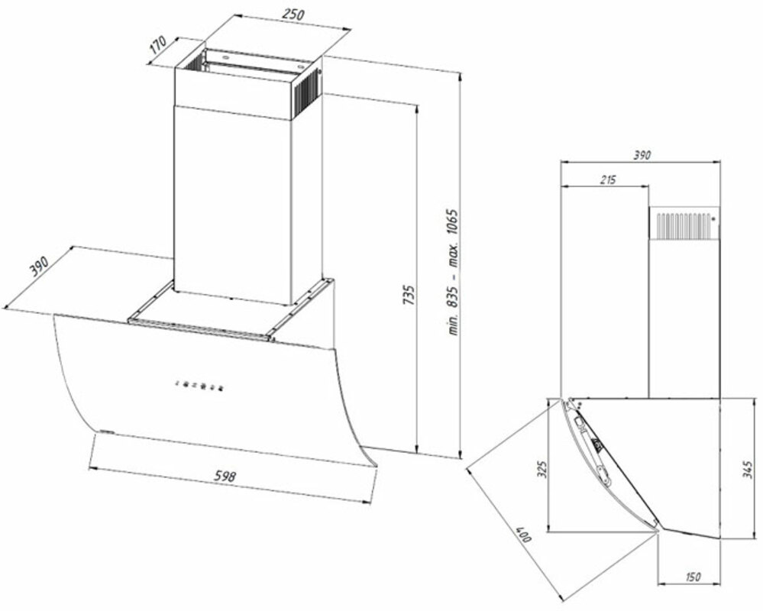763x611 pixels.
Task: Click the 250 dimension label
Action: pyautogui.click(x=293, y=14)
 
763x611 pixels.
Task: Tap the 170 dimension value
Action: pyautogui.click(x=159, y=45)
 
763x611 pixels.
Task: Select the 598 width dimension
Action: pyautogui.click(x=225, y=476)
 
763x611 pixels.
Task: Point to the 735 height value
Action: pyautogui.click(x=409, y=295)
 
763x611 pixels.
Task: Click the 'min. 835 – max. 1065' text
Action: pyautogui.click(x=454, y=273)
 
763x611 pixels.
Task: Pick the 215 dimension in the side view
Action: pyautogui.click(x=607, y=179)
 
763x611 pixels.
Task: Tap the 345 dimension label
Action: pyautogui.click(x=749, y=470)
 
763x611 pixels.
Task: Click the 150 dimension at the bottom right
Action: pyautogui.click(x=693, y=577)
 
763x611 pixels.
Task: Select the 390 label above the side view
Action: pyautogui.click(x=642, y=155)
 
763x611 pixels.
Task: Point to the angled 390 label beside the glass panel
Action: pyautogui.click(x=38, y=266)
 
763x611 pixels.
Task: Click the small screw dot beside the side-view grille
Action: pyautogui.click(x=714, y=219)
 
